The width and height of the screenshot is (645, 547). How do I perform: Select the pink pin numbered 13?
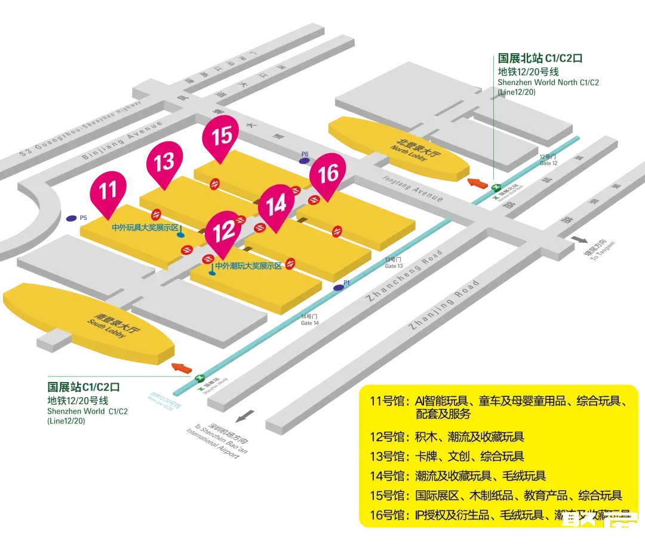(x=164, y=161)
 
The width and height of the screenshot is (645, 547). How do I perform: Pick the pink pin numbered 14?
(x=276, y=205)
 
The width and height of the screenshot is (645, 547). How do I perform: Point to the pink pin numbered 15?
(x=222, y=135)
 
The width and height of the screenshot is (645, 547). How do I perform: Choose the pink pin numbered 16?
(x=328, y=173)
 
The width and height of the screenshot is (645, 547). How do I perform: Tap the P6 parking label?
(x=305, y=154)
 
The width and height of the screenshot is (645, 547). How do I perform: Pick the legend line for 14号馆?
(x=457, y=476)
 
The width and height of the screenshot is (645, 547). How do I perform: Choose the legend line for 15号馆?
(x=496, y=496)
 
